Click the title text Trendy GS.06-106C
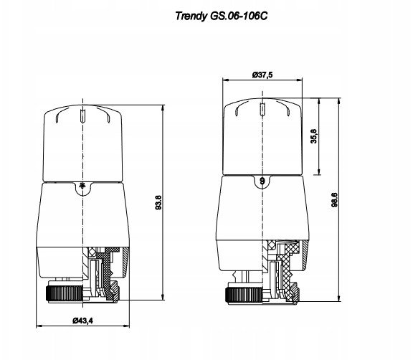click(x=222, y=16)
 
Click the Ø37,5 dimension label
click(x=262, y=75)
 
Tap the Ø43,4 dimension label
click(x=82, y=321)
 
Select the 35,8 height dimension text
click(x=314, y=136)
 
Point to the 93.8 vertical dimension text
click(x=158, y=202)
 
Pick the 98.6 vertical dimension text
click(x=334, y=199)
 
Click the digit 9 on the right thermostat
click(x=262, y=181)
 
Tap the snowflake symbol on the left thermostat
click(x=82, y=186)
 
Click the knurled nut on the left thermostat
click(x=65, y=293)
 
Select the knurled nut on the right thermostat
click(x=244, y=295)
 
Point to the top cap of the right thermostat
click(x=262, y=137)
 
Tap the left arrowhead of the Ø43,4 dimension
click(x=39, y=326)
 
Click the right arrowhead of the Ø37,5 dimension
click(x=300, y=80)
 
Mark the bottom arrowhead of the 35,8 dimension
click(x=319, y=171)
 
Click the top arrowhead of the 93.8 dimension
click(x=163, y=108)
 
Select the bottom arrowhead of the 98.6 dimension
click(x=339, y=298)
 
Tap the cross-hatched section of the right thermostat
click(x=287, y=271)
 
